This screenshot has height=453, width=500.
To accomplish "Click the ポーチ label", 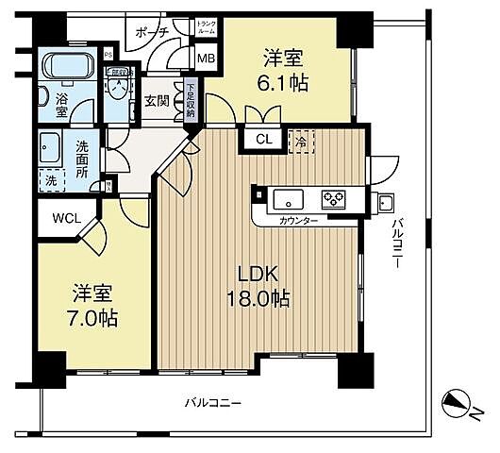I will point(152,31).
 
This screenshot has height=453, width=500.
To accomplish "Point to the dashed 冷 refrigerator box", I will point(302,139).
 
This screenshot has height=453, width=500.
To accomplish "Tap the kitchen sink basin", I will point(288,199).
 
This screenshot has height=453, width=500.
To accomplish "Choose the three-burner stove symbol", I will point(334,199).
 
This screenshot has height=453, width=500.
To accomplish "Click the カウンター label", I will point(298,220).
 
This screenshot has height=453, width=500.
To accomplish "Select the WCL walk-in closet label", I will point(66,218).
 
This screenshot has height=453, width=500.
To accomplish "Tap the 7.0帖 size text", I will point(91,319).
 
